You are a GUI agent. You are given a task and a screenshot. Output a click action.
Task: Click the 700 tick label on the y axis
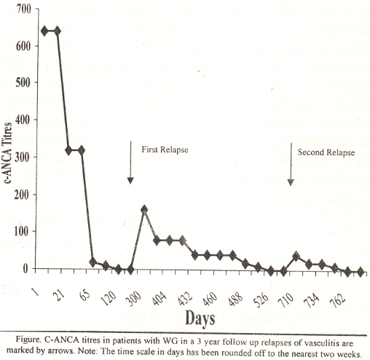24,9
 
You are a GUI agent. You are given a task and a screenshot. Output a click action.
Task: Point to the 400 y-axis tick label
23,120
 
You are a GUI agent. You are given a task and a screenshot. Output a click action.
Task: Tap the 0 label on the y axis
25,268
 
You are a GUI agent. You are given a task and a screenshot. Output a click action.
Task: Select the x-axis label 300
133,299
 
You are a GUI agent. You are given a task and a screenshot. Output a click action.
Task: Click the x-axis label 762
337,300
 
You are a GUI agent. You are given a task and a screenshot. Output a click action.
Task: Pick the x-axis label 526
261,300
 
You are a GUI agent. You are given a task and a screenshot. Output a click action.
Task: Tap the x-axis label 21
60,295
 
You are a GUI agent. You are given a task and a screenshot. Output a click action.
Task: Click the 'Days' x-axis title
200,318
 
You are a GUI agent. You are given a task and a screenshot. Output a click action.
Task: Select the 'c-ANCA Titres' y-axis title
8,153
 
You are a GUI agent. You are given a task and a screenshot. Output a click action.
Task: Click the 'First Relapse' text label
165,149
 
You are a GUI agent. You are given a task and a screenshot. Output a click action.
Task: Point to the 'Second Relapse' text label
326,152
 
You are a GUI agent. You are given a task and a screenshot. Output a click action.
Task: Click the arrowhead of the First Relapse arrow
130,180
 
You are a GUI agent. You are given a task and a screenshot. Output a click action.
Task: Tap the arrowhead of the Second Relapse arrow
291,182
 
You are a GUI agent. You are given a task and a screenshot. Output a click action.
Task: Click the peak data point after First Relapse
144,210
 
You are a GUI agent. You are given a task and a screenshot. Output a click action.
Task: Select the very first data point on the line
44,31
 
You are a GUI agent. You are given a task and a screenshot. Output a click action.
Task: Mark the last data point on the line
361,272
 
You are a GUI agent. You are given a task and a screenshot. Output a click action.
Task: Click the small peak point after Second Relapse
296,257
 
